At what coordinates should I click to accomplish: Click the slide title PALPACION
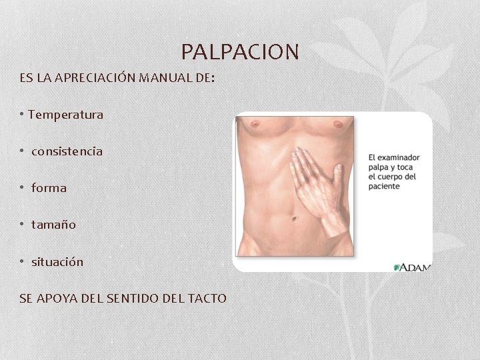click(240, 51)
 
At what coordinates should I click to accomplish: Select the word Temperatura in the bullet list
click(66, 115)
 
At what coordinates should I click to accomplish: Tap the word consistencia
click(67, 151)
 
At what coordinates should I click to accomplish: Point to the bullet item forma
click(49, 188)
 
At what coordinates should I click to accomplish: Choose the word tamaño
click(53, 225)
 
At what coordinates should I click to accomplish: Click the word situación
click(57, 262)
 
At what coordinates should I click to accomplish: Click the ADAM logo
click(413, 267)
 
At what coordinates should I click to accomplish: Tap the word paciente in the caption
click(384, 187)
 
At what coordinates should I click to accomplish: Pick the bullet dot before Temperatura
click(22, 115)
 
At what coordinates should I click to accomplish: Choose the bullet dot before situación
click(22, 262)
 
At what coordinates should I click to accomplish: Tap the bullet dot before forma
click(22, 188)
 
